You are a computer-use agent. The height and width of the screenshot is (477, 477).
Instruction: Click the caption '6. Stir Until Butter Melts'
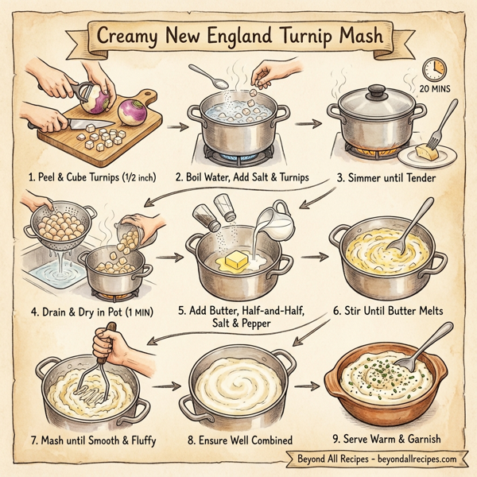(x=386, y=311)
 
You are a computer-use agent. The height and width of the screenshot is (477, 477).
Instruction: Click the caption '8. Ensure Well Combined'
(x=238, y=440)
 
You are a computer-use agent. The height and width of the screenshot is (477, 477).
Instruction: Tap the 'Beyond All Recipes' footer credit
(x=374, y=460)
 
